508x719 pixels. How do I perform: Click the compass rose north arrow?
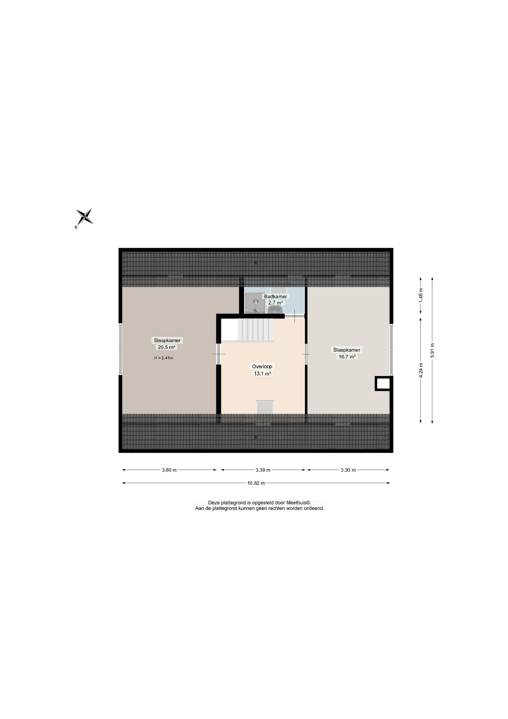(x=85, y=217)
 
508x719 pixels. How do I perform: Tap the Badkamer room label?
(x=275, y=296)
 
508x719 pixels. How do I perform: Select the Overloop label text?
(x=262, y=367)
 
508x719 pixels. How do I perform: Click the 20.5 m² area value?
(x=166, y=347)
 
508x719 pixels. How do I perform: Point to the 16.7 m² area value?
(x=347, y=357)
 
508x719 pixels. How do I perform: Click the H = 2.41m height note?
(x=163, y=358)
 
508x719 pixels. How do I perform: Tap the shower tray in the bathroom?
(x=255, y=303)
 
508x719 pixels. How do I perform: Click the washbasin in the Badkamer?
(x=275, y=310)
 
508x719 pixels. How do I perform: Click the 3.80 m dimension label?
(x=169, y=470)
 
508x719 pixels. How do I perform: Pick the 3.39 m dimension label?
(x=263, y=470)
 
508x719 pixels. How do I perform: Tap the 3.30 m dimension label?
(x=348, y=470)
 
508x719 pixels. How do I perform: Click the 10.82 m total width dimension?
(x=256, y=483)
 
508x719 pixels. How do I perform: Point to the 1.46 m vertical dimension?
(x=421, y=295)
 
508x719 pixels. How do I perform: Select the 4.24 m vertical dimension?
(x=421, y=370)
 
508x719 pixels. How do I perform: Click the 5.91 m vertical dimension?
(x=432, y=350)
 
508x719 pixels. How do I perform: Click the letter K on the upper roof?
(x=256, y=263)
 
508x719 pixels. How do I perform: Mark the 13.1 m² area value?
(x=262, y=374)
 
